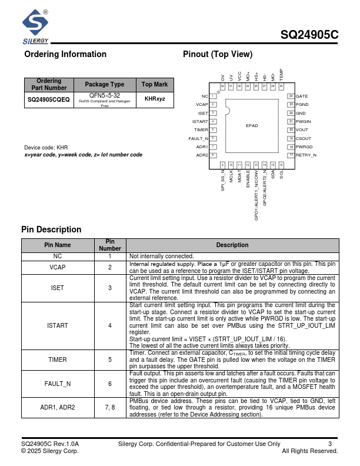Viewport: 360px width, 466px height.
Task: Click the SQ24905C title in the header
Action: pos(309,35)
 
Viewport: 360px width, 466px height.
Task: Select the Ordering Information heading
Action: pos(65,54)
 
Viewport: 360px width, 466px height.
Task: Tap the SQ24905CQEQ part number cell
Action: pos(49,100)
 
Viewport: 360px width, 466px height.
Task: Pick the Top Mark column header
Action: pos(155,85)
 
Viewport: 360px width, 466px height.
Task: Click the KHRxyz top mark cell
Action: pos(155,100)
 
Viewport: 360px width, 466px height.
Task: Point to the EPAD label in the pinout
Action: pos(252,125)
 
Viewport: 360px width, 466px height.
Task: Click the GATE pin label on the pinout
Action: pos(302,96)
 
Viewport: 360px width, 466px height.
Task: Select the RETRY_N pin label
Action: pos(306,155)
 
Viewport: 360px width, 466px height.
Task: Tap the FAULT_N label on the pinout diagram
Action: pos(198,138)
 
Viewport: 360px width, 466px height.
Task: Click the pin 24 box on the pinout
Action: pos(291,96)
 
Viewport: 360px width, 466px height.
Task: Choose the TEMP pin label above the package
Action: pos(281,75)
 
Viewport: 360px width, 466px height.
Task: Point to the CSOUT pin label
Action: pos(304,138)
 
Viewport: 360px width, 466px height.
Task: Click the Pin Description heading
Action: pos(51,229)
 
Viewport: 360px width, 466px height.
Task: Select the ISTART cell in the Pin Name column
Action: pos(58,325)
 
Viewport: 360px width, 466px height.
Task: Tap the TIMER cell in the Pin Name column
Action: pos(58,360)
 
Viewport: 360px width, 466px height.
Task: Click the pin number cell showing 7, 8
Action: pos(110,407)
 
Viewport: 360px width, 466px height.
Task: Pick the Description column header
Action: pos(232,245)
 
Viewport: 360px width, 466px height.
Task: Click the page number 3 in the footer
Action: pos(330,444)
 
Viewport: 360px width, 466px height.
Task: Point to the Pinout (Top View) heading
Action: pos(218,54)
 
